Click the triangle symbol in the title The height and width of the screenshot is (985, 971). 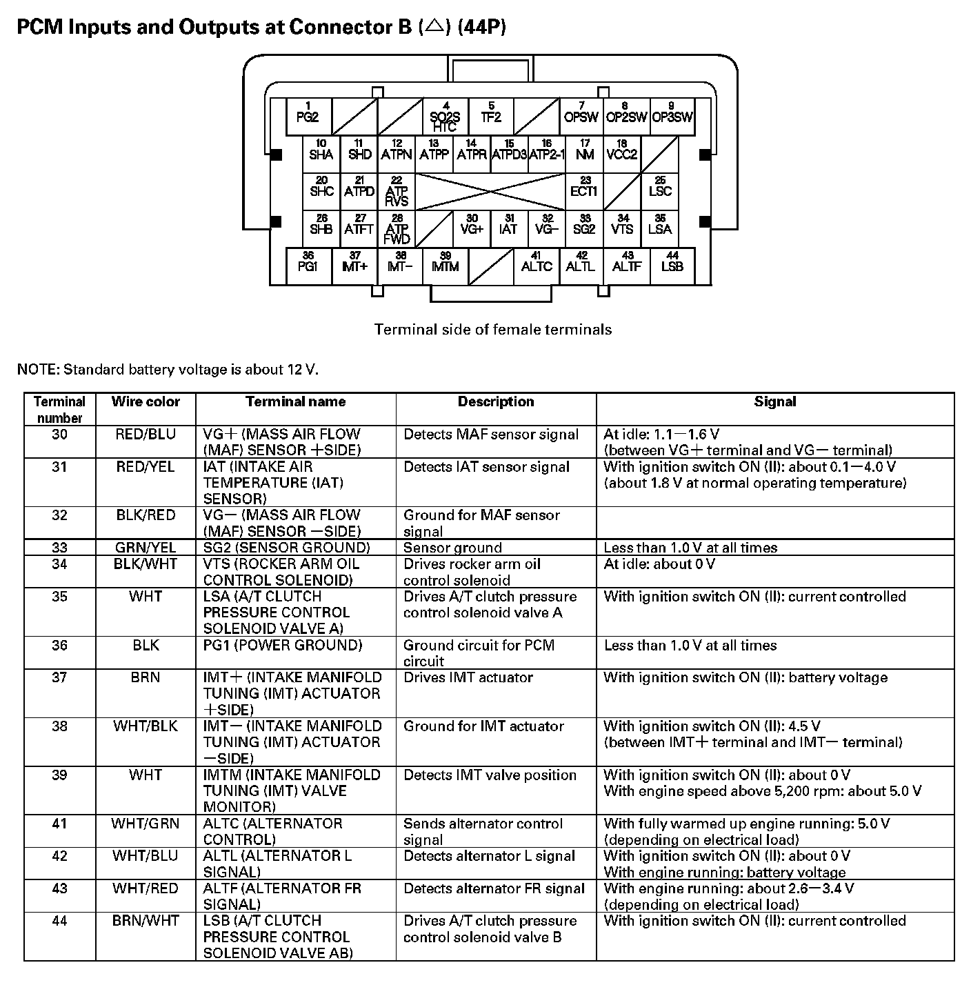[x=434, y=28]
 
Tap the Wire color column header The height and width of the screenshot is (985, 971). [x=146, y=402]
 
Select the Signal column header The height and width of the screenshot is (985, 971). [x=774, y=402]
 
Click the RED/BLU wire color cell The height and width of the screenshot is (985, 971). [x=146, y=435]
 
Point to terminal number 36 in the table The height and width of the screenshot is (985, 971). [x=60, y=646]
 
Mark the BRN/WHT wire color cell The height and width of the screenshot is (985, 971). [x=146, y=921]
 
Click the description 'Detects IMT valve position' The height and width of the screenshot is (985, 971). [x=490, y=775]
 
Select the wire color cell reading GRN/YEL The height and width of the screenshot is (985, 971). [x=146, y=548]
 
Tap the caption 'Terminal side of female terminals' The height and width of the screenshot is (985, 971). [x=493, y=330]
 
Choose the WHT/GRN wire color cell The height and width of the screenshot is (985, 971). [x=146, y=824]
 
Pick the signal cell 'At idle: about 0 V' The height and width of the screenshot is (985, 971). [x=659, y=564]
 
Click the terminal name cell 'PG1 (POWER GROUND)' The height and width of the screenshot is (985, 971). [x=283, y=646]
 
